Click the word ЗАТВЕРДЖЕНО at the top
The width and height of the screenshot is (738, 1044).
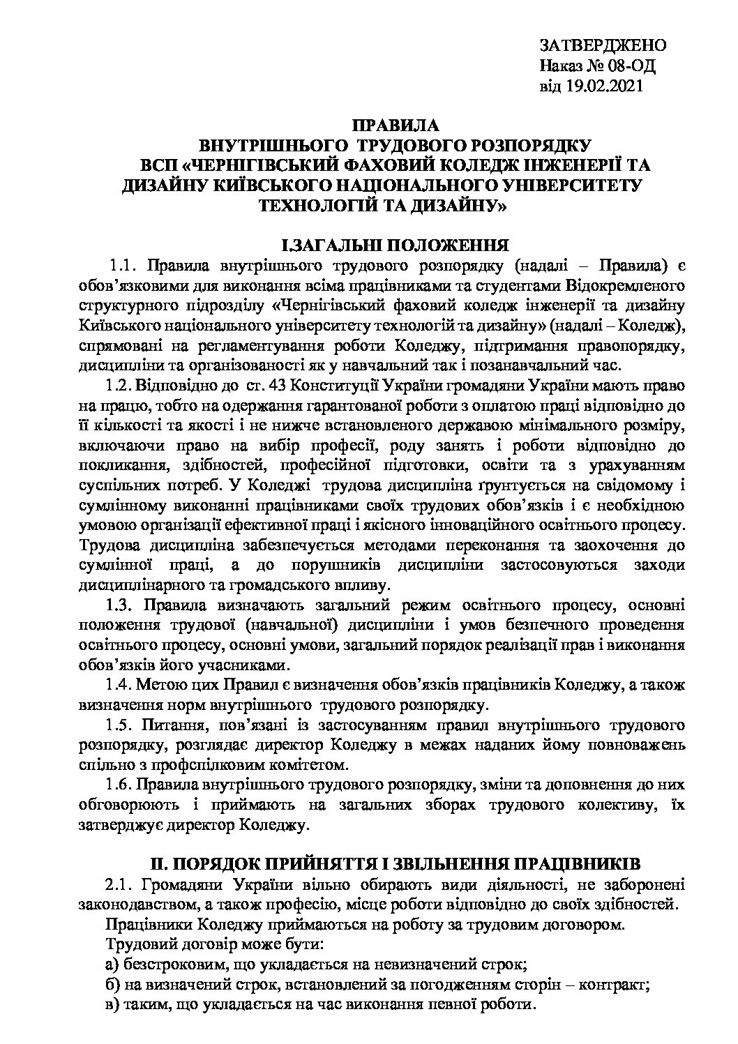[603, 47]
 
